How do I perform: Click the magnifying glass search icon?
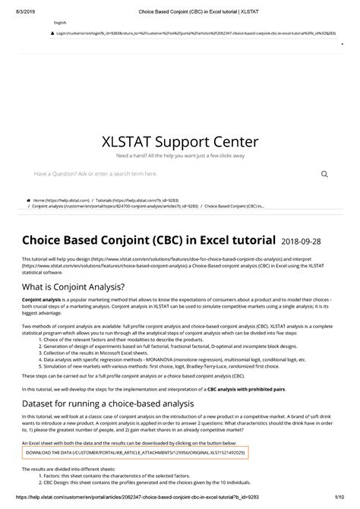(x=324, y=173)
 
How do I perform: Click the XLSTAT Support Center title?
(x=180, y=141)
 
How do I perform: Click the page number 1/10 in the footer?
(x=339, y=502)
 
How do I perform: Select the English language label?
(x=61, y=23)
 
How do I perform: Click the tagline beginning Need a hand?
(x=180, y=156)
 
